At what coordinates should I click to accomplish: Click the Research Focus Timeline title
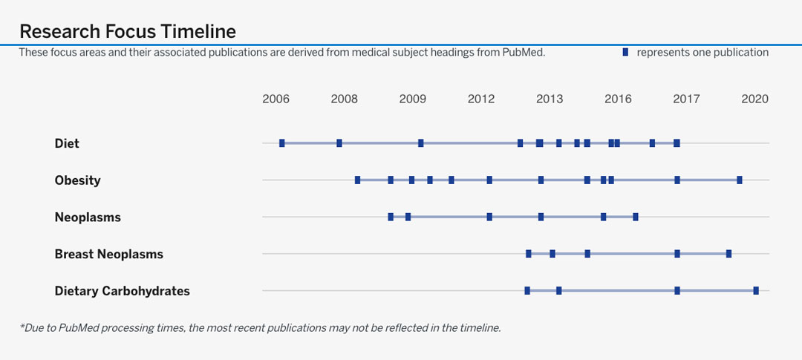128,31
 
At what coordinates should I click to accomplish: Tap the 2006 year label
276,99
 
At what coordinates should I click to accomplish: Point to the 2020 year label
754,99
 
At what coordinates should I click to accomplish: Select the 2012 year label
481,99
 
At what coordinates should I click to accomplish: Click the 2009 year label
413,99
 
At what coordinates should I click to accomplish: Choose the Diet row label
67,143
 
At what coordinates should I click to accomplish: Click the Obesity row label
77,180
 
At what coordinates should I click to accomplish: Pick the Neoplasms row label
88,217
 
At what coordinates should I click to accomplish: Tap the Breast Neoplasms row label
108,254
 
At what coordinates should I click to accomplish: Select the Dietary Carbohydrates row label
122,291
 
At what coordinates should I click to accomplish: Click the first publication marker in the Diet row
282,143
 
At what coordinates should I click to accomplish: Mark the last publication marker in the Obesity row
740,180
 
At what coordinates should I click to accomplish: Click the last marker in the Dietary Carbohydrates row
756,291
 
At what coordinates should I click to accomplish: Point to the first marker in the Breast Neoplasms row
529,254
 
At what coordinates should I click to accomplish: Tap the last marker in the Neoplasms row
636,217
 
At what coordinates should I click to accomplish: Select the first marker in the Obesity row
358,180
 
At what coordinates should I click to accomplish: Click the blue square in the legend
625,52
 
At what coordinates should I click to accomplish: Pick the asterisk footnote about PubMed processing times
260,327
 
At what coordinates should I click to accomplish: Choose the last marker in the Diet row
677,143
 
